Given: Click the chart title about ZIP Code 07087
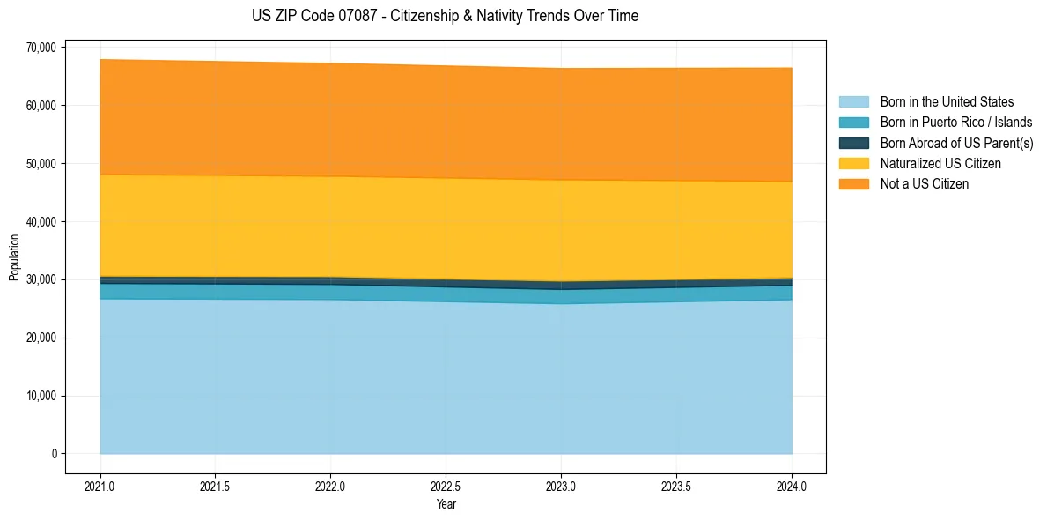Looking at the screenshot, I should pyautogui.click(x=445, y=16).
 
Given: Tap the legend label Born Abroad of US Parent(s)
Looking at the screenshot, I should pyautogui.click(x=956, y=143).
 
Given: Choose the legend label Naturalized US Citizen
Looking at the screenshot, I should pyautogui.click(x=940, y=164).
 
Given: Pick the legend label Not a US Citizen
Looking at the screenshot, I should pyautogui.click(x=924, y=184).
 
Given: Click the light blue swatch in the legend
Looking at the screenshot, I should pyautogui.click(x=853, y=102).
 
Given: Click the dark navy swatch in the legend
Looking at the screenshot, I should pyautogui.click(x=853, y=143).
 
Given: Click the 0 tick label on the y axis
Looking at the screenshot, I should pyautogui.click(x=53, y=454).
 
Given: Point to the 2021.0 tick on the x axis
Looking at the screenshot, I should pyautogui.click(x=100, y=486).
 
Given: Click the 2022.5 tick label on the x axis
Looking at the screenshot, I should pyautogui.click(x=446, y=486).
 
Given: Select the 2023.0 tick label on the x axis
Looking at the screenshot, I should pyautogui.click(x=561, y=486).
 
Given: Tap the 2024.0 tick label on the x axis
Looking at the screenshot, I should pyautogui.click(x=792, y=486).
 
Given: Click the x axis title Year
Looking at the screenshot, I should pyautogui.click(x=446, y=505).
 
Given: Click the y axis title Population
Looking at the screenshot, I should pyautogui.click(x=14, y=257).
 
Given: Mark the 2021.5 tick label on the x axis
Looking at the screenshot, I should pyautogui.click(x=216, y=486).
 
